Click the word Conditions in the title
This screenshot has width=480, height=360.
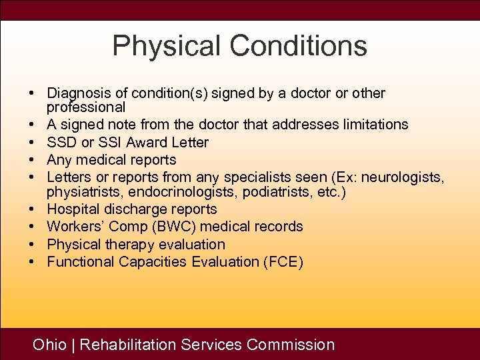pyautogui.click(x=298, y=46)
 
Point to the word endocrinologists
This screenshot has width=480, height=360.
pyautogui.click(x=179, y=192)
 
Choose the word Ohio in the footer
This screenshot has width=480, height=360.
pyautogui.click(x=50, y=345)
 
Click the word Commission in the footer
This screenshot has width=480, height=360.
pyautogui.click(x=290, y=345)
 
